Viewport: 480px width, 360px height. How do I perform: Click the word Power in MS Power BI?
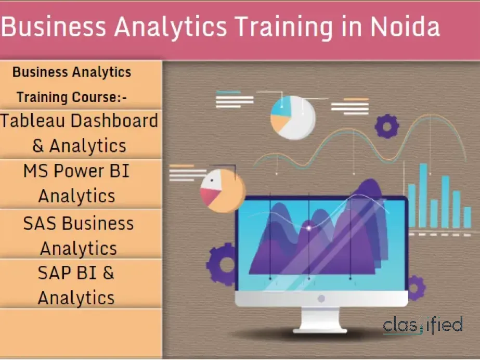point(79,171)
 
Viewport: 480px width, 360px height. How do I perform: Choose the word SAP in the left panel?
point(55,273)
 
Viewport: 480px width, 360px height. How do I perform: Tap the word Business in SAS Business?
point(98,223)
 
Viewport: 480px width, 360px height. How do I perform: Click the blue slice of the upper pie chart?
point(281,107)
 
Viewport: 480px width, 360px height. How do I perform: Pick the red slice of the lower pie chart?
point(209,196)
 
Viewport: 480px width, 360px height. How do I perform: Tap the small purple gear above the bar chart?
point(387,126)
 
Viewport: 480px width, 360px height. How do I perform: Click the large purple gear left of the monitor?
point(221,264)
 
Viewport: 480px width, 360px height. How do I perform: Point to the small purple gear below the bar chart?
point(416,288)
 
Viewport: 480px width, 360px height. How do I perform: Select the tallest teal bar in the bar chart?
point(423,195)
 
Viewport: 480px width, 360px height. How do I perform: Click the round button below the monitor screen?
point(321,298)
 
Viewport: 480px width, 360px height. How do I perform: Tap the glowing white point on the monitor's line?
point(309,228)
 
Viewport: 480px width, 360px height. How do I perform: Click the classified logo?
point(422,325)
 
